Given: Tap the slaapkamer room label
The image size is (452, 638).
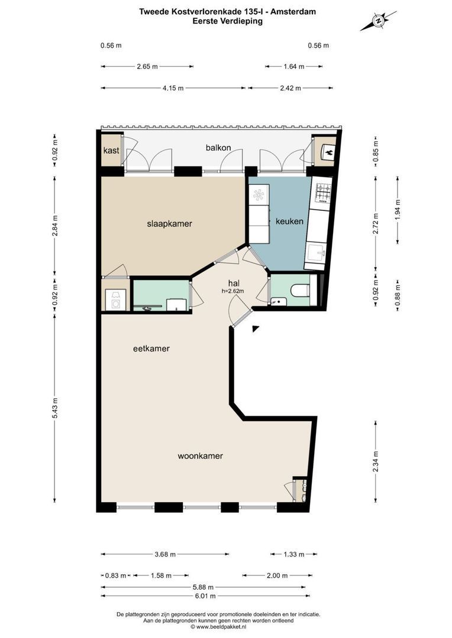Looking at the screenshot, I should [x=170, y=223].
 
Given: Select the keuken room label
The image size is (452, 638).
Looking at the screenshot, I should [x=289, y=222].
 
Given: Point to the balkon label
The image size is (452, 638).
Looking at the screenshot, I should [x=218, y=148].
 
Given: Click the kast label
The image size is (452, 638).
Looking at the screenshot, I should [x=111, y=151].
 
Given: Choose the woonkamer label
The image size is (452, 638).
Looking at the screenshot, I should [x=200, y=455].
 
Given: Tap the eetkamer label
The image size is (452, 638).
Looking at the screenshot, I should [x=151, y=349].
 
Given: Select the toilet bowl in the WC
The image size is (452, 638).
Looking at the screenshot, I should [x=300, y=290].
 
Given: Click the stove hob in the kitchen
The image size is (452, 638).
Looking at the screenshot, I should [x=323, y=192].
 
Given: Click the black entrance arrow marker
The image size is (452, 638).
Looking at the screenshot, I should [x=256, y=328].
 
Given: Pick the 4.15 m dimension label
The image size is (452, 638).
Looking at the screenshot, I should [x=173, y=88].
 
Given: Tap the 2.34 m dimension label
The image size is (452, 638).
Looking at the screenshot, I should [x=375, y=460].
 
